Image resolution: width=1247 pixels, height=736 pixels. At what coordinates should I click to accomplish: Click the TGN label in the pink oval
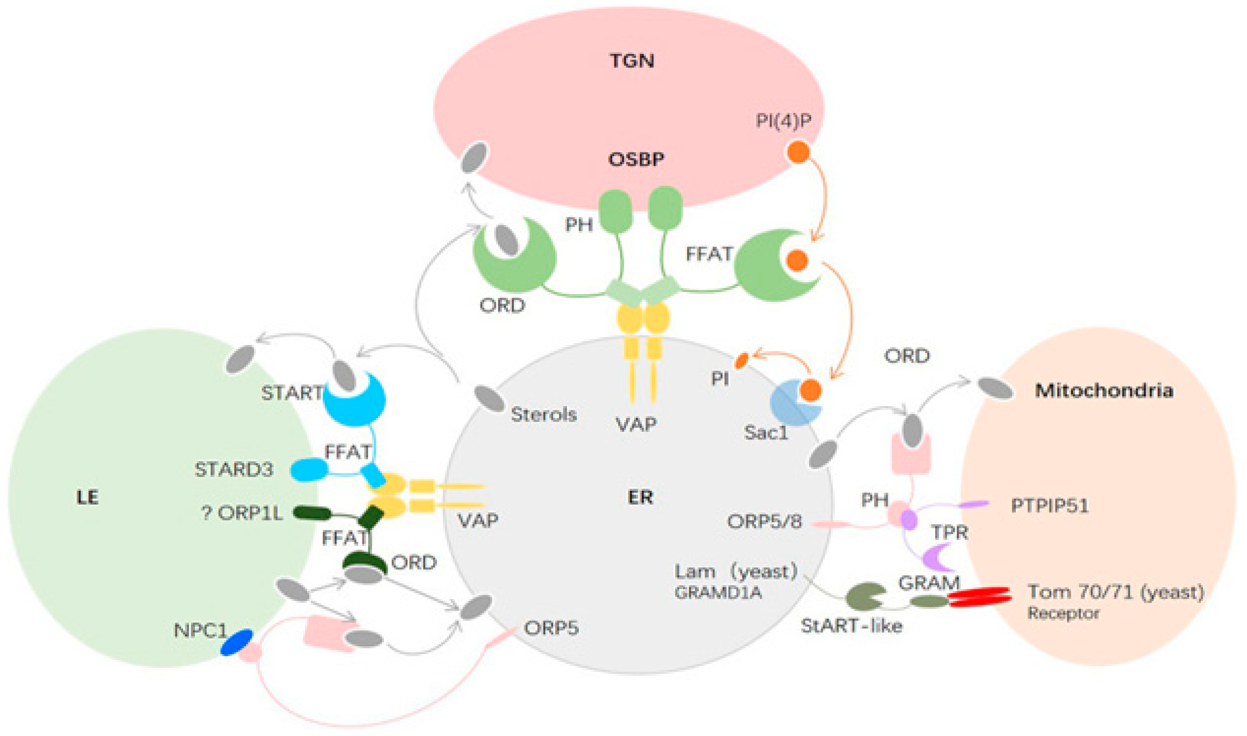tap(632, 61)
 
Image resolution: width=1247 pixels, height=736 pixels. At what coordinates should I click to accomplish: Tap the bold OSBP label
tap(636, 160)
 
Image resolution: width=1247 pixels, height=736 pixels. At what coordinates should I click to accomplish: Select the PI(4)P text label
tap(784, 121)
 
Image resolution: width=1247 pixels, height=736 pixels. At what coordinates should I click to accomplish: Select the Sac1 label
tap(766, 433)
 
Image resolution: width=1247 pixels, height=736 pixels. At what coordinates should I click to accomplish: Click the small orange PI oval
tap(741, 361)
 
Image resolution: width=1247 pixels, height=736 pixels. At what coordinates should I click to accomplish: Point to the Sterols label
tap(544, 415)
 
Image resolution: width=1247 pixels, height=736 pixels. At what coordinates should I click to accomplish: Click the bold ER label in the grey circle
tap(640, 498)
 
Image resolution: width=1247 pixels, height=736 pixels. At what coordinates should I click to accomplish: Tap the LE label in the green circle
tap(87, 498)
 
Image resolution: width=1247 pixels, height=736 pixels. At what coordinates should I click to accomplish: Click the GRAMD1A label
tap(718, 593)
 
